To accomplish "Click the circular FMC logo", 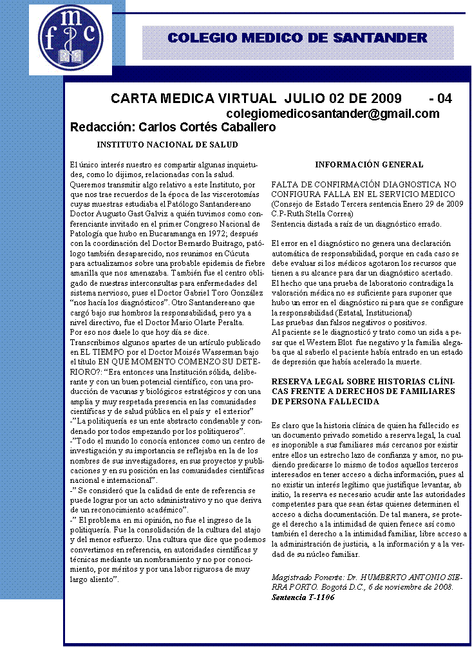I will point(70,39).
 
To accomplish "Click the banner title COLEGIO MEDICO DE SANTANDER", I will point(297,38).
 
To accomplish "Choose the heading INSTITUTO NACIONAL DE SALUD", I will point(167,144).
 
